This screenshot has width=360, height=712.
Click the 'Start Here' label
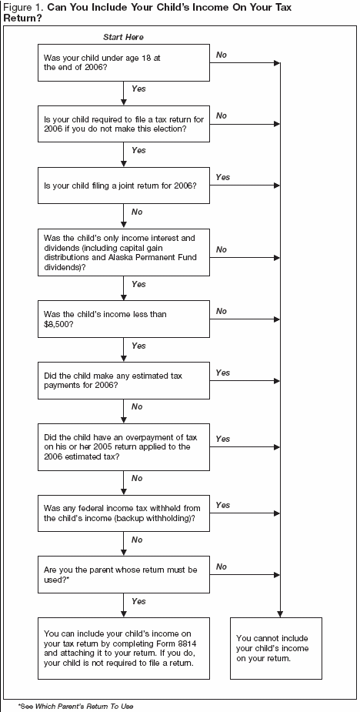[x=122, y=37]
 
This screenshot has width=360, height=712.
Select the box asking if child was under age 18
[x=123, y=62]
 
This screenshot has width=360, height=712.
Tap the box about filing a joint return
[x=123, y=186]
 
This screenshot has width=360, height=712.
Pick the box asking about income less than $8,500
[x=123, y=319]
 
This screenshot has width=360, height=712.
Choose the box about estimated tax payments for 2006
[x=123, y=380]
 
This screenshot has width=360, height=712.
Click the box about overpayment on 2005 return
[x=123, y=446]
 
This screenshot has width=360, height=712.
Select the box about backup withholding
[x=123, y=513]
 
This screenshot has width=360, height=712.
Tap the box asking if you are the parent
[x=123, y=573]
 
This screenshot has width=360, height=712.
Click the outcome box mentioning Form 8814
[x=123, y=647]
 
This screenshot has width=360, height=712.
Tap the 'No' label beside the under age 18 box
[x=222, y=55]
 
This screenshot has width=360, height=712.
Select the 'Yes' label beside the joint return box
[x=222, y=178]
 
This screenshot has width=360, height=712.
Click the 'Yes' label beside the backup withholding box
[x=222, y=505]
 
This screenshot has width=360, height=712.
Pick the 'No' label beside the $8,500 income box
[x=222, y=311]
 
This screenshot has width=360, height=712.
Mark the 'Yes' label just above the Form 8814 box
[x=138, y=601]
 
